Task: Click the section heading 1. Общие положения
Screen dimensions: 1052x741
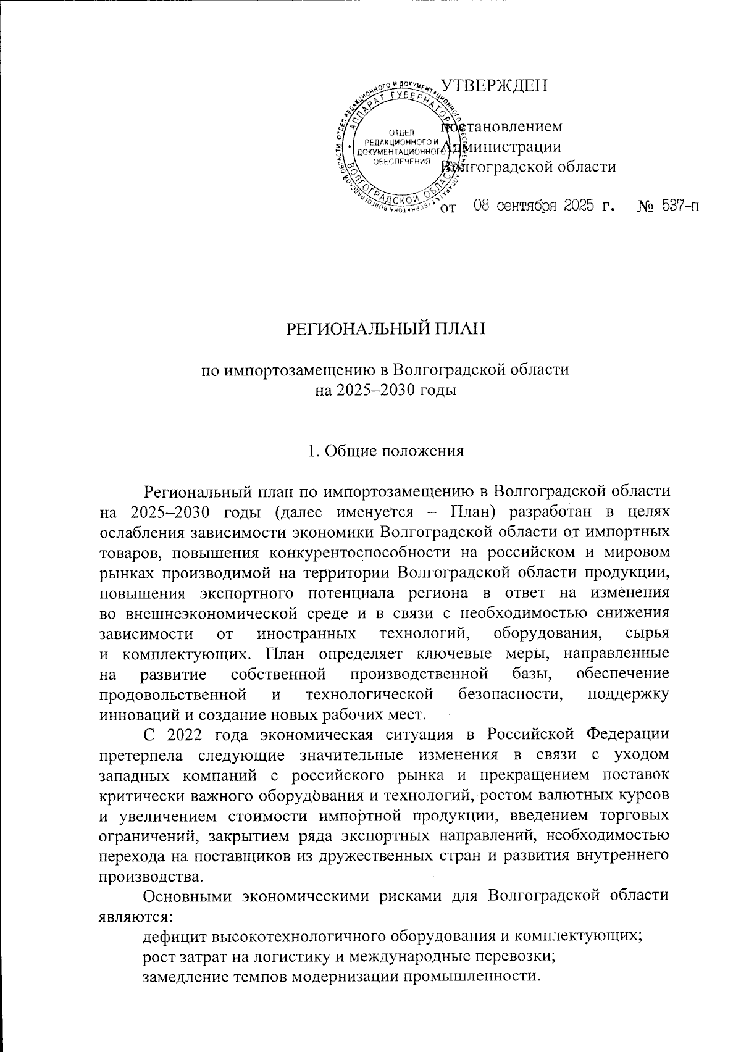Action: [386, 451]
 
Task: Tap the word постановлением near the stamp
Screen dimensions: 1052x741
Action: [501, 127]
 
